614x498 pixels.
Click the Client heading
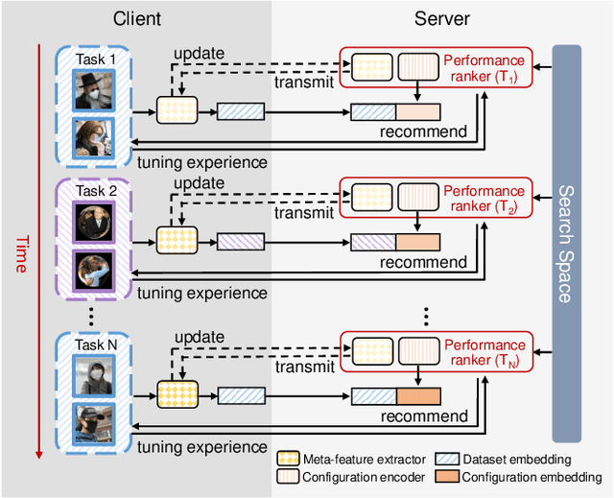pos(137,18)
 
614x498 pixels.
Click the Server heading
pos(442,18)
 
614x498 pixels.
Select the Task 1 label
pos(95,59)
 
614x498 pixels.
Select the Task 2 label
pos(95,191)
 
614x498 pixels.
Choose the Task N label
pos(95,344)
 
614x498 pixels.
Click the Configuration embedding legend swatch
pos(448,477)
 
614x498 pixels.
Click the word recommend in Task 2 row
pos(424,262)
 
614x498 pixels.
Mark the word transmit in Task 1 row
pos(303,83)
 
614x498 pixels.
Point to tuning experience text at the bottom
pos(201,447)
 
